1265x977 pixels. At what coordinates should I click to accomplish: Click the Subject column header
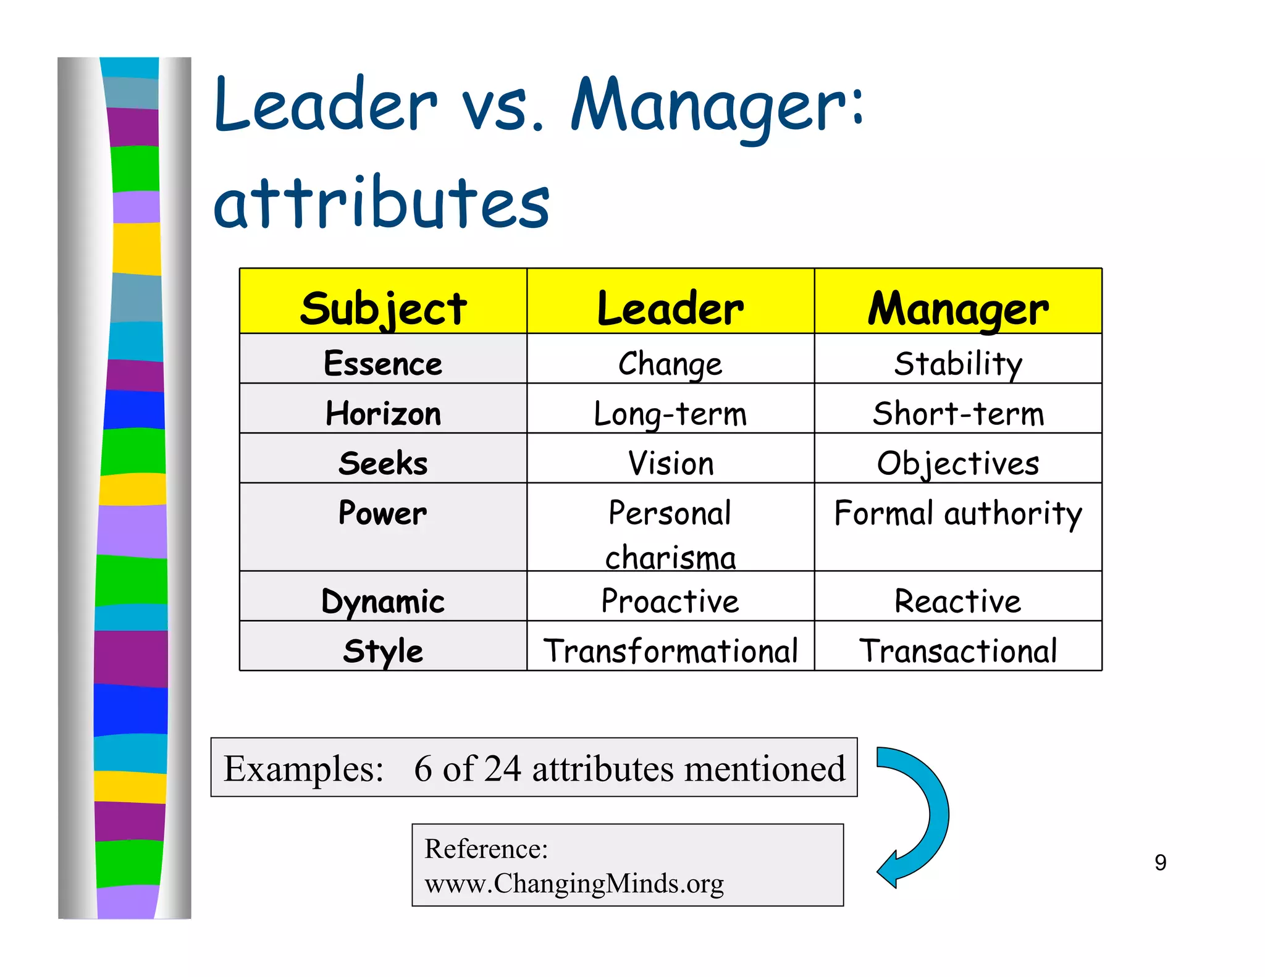(x=383, y=308)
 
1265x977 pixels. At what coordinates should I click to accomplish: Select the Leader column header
(x=670, y=308)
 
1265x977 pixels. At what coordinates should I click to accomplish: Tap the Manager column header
(x=958, y=308)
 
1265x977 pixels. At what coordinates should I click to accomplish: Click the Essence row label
(x=383, y=363)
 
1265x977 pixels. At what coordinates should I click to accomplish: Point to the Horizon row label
(x=383, y=413)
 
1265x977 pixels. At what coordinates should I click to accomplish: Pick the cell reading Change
(x=670, y=363)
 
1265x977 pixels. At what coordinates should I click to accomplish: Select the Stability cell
(x=958, y=363)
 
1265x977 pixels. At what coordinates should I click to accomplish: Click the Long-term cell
(x=670, y=413)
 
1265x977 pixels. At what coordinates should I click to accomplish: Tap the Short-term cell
(x=958, y=413)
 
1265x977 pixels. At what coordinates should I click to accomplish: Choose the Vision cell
(x=670, y=463)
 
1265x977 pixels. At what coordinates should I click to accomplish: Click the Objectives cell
(x=958, y=463)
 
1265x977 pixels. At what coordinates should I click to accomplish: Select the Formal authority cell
(x=958, y=514)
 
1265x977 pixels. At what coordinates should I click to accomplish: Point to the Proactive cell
(x=670, y=601)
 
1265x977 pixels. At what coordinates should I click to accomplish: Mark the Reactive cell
(x=958, y=601)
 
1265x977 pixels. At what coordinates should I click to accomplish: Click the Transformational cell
(x=670, y=651)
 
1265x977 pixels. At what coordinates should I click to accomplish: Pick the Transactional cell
(x=958, y=651)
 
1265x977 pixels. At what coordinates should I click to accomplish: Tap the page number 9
(x=1160, y=863)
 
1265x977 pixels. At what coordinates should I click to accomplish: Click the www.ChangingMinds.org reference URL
(x=574, y=884)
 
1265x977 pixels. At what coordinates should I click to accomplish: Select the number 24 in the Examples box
(x=502, y=769)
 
